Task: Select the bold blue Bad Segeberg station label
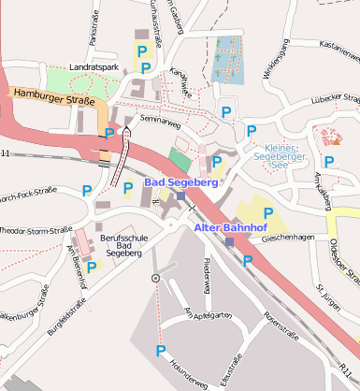(181, 182)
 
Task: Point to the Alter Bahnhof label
(229, 227)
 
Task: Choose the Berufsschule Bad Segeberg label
(122, 246)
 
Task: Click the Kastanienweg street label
(325, 44)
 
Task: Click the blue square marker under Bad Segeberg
(180, 195)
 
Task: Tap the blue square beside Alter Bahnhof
(230, 241)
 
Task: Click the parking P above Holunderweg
(161, 351)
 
